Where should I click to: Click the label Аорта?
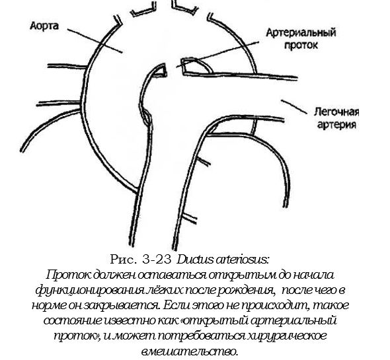click(44, 26)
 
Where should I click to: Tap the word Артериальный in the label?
click(301, 33)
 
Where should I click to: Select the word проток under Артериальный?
click(301, 46)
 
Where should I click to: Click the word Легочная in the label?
click(336, 112)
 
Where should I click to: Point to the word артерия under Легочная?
click(336, 125)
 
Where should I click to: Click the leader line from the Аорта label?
click(95, 40)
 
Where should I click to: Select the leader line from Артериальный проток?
click(217, 54)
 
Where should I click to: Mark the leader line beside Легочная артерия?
click(294, 107)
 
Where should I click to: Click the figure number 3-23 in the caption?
click(157, 260)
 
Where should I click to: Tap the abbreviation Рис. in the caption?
click(124, 260)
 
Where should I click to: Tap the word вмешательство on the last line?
click(190, 351)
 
